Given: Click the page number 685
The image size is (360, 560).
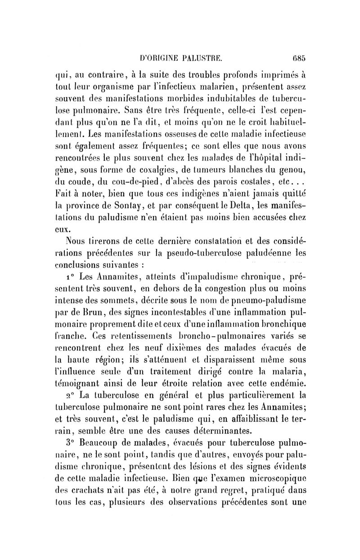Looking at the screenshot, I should pyautogui.click(x=298, y=57).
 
